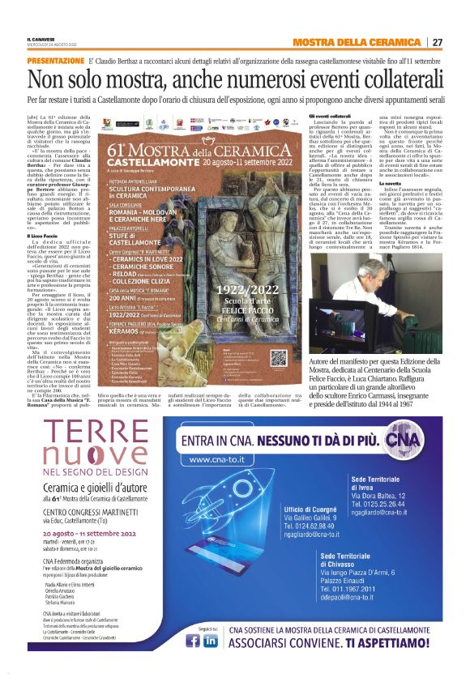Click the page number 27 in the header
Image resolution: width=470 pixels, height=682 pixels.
(x=438, y=42)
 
